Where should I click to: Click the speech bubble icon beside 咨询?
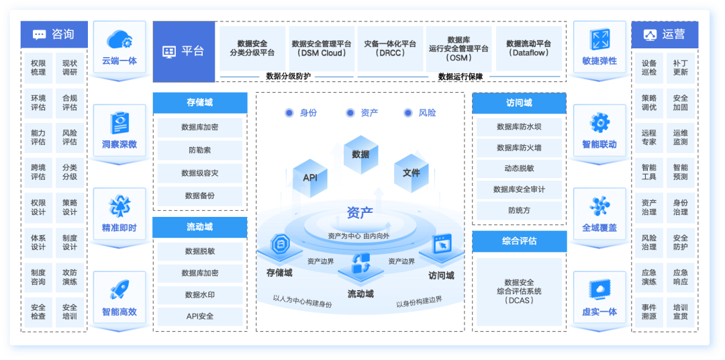pos(39,34)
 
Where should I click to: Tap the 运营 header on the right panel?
pos(665,34)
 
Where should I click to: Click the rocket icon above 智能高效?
pos(119,289)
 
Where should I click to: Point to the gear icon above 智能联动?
pos(599,123)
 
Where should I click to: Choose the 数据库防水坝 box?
pos(519,126)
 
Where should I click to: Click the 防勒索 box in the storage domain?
pos(199,150)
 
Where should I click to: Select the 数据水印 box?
pos(199,295)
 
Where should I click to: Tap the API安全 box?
pos(199,316)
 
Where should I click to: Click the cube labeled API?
pos(310,178)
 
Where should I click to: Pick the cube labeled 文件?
pos(411,173)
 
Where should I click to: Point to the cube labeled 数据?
pos(360,154)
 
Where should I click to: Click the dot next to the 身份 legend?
pos(289,113)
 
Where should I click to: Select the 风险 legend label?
pos(428,113)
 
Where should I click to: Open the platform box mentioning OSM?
pos(458,48)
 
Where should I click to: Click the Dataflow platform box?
pos(528,48)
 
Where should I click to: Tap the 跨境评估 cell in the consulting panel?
pos(38,172)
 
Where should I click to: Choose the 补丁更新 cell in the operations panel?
pos(680,67)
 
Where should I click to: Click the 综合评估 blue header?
pos(519,240)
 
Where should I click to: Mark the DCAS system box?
pos(519,291)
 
